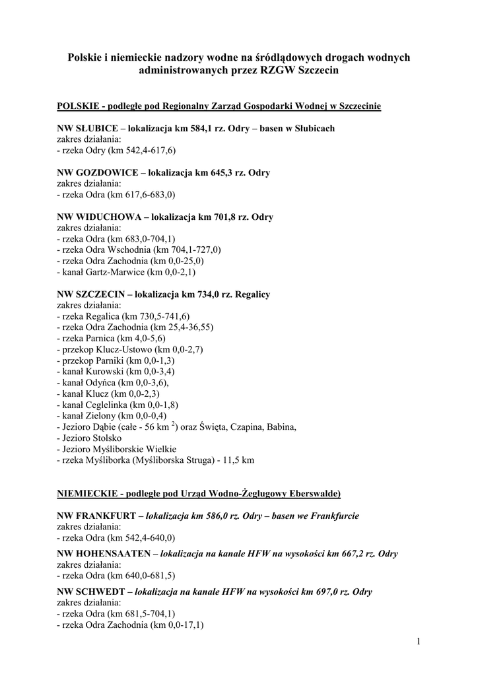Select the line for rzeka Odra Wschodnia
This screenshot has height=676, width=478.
(x=140, y=250)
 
